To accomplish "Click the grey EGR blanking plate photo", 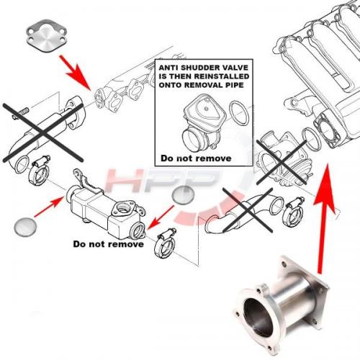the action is [x=46, y=36].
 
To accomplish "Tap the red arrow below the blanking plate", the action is [x=75, y=73].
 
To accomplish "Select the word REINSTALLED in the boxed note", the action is [x=222, y=76].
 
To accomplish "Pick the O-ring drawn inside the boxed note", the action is [x=239, y=113].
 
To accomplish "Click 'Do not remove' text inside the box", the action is [x=196, y=158].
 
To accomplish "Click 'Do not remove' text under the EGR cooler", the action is [x=108, y=244].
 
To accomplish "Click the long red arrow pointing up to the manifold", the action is [x=324, y=218].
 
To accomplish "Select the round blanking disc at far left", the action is [x=25, y=227].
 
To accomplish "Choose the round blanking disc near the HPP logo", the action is [x=183, y=195].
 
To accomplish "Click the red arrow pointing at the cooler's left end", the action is [x=49, y=207].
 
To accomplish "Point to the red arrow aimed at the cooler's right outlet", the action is [x=161, y=217].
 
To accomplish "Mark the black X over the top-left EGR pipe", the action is [x=43, y=132].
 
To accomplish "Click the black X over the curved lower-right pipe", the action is [x=248, y=210].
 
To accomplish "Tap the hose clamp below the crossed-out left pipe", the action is [x=40, y=171].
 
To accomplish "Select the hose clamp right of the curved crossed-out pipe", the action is [x=293, y=212].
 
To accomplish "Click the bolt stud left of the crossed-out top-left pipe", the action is [x=20, y=114].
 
